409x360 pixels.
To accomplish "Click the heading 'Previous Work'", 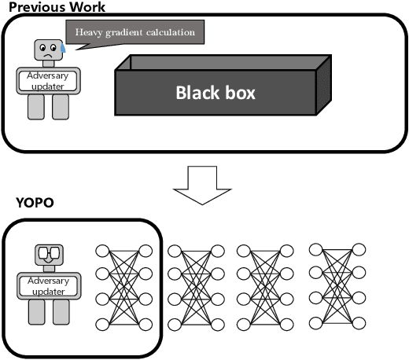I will point(53,6).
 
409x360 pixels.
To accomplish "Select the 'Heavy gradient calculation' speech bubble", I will point(135,33).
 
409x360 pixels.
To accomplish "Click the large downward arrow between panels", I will point(202,183).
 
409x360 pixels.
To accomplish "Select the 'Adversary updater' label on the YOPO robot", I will point(49,285).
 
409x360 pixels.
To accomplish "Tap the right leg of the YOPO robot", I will point(61,313).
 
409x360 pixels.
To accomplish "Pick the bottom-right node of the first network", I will point(145,324).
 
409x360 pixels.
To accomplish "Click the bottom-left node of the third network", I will point(243,324).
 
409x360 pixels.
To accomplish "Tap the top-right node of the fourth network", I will point(359,250).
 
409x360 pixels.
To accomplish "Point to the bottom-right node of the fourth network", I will point(359,322).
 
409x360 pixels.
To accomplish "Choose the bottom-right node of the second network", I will point(218,324).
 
